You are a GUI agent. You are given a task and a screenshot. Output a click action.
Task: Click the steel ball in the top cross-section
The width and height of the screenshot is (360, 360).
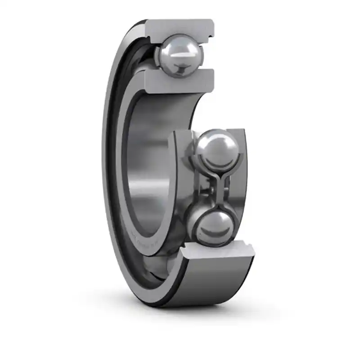(x=180, y=56)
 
